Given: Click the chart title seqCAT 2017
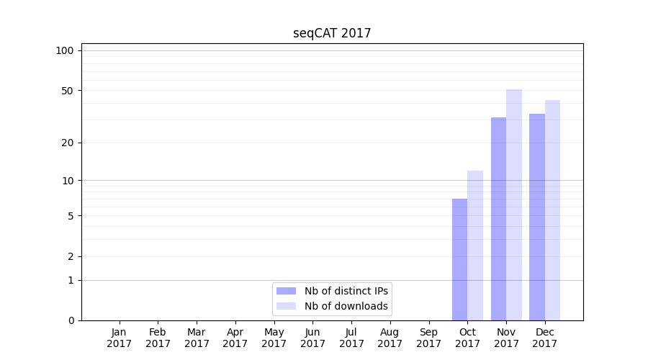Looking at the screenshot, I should click(332, 33).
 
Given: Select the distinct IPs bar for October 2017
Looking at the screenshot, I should click(459, 259).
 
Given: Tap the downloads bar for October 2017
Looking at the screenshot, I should click(475, 246).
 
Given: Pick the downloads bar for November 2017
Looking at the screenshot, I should click(514, 204).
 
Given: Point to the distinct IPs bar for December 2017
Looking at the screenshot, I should click(537, 217).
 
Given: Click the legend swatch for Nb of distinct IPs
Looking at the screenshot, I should click(286, 291).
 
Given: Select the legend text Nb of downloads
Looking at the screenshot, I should click(346, 306).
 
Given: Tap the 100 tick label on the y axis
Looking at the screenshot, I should click(65, 50).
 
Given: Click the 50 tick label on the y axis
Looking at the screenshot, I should click(67, 91).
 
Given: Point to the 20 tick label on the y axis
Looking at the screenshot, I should click(67, 143).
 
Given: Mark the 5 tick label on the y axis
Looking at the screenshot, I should click(70, 216).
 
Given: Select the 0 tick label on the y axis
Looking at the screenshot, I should click(70, 320).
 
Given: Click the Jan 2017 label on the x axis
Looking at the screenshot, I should click(119, 338).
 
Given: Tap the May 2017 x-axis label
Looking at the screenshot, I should click(274, 338).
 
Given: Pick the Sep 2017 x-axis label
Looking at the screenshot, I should click(428, 338).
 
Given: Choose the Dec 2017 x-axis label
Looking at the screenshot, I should click(545, 338).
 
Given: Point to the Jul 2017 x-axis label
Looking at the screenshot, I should click(351, 338).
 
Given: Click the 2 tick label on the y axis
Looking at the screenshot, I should click(70, 256).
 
